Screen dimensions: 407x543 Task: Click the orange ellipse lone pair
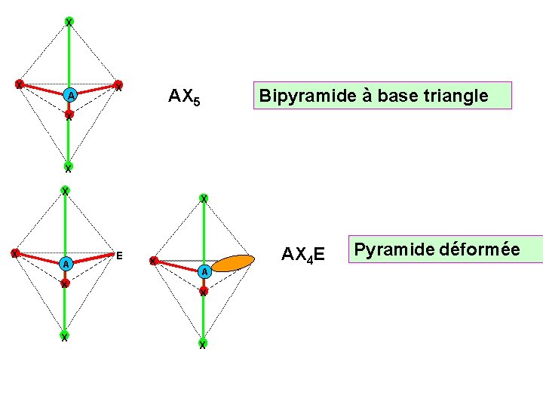(232, 262)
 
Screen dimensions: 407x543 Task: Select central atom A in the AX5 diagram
(69, 96)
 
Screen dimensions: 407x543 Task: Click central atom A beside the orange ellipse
(204, 271)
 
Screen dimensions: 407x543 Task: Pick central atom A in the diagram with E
(66, 264)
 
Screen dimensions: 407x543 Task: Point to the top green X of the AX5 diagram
(69, 22)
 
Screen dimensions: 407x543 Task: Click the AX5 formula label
(184, 96)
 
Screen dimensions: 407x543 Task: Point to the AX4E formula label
(303, 255)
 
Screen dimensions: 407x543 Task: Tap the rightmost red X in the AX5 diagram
(118, 84)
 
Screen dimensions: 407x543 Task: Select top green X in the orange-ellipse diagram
(204, 198)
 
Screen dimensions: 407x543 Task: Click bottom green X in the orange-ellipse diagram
(203, 344)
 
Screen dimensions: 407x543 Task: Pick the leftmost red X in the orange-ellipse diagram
(152, 261)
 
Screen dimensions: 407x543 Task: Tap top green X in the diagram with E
(66, 191)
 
